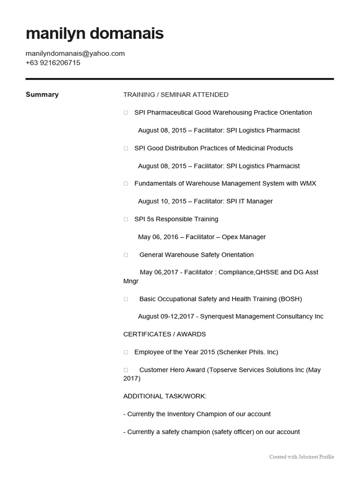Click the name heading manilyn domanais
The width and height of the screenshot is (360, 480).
tap(95, 34)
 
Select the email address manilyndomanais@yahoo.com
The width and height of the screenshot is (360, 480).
tap(75, 53)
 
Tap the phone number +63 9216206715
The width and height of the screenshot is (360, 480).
tap(53, 62)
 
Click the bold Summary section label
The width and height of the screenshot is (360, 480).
tap(42, 95)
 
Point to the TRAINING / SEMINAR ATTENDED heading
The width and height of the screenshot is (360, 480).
tap(176, 95)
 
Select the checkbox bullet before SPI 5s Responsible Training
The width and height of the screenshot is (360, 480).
tap(126, 219)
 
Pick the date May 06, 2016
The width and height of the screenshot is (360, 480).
tap(158, 237)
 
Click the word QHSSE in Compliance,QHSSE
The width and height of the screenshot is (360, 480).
tap(267, 272)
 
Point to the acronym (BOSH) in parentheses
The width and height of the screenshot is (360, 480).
tap(290, 299)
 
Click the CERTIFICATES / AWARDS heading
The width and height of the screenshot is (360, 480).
tap(165, 334)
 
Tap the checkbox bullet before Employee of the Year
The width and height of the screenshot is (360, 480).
tap(126, 352)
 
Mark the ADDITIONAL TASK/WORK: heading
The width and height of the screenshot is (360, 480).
tap(165, 396)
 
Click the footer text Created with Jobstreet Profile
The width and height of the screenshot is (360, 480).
tap(301, 457)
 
